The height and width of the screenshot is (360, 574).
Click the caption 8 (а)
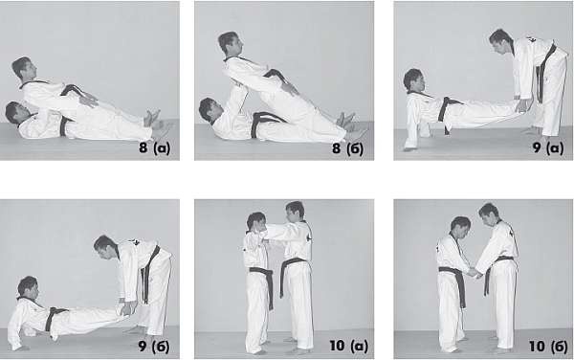pos(154,148)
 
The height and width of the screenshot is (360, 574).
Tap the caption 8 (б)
pos(347,148)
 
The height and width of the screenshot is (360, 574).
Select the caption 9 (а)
pos(548,147)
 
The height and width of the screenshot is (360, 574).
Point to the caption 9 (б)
pos(154,347)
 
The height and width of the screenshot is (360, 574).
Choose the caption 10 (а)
pos(349,346)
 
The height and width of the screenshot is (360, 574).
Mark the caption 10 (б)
pos(548,347)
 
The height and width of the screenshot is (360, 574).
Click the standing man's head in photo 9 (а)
pos(500,41)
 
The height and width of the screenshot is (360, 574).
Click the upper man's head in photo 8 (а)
pos(24,69)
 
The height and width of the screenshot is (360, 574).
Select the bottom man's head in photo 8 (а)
pos(14,112)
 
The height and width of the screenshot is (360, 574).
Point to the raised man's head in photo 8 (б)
pos(230,43)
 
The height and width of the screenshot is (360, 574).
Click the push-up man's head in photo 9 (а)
pos(413,80)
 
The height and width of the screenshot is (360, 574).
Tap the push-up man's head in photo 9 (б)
pos(28,288)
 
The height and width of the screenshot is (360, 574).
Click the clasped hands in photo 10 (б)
pos(475,273)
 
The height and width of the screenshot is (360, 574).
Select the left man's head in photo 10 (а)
pos(256,222)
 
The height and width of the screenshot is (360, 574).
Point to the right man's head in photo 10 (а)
pos(295,212)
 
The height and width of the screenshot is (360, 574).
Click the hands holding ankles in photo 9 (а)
pos(521,104)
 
